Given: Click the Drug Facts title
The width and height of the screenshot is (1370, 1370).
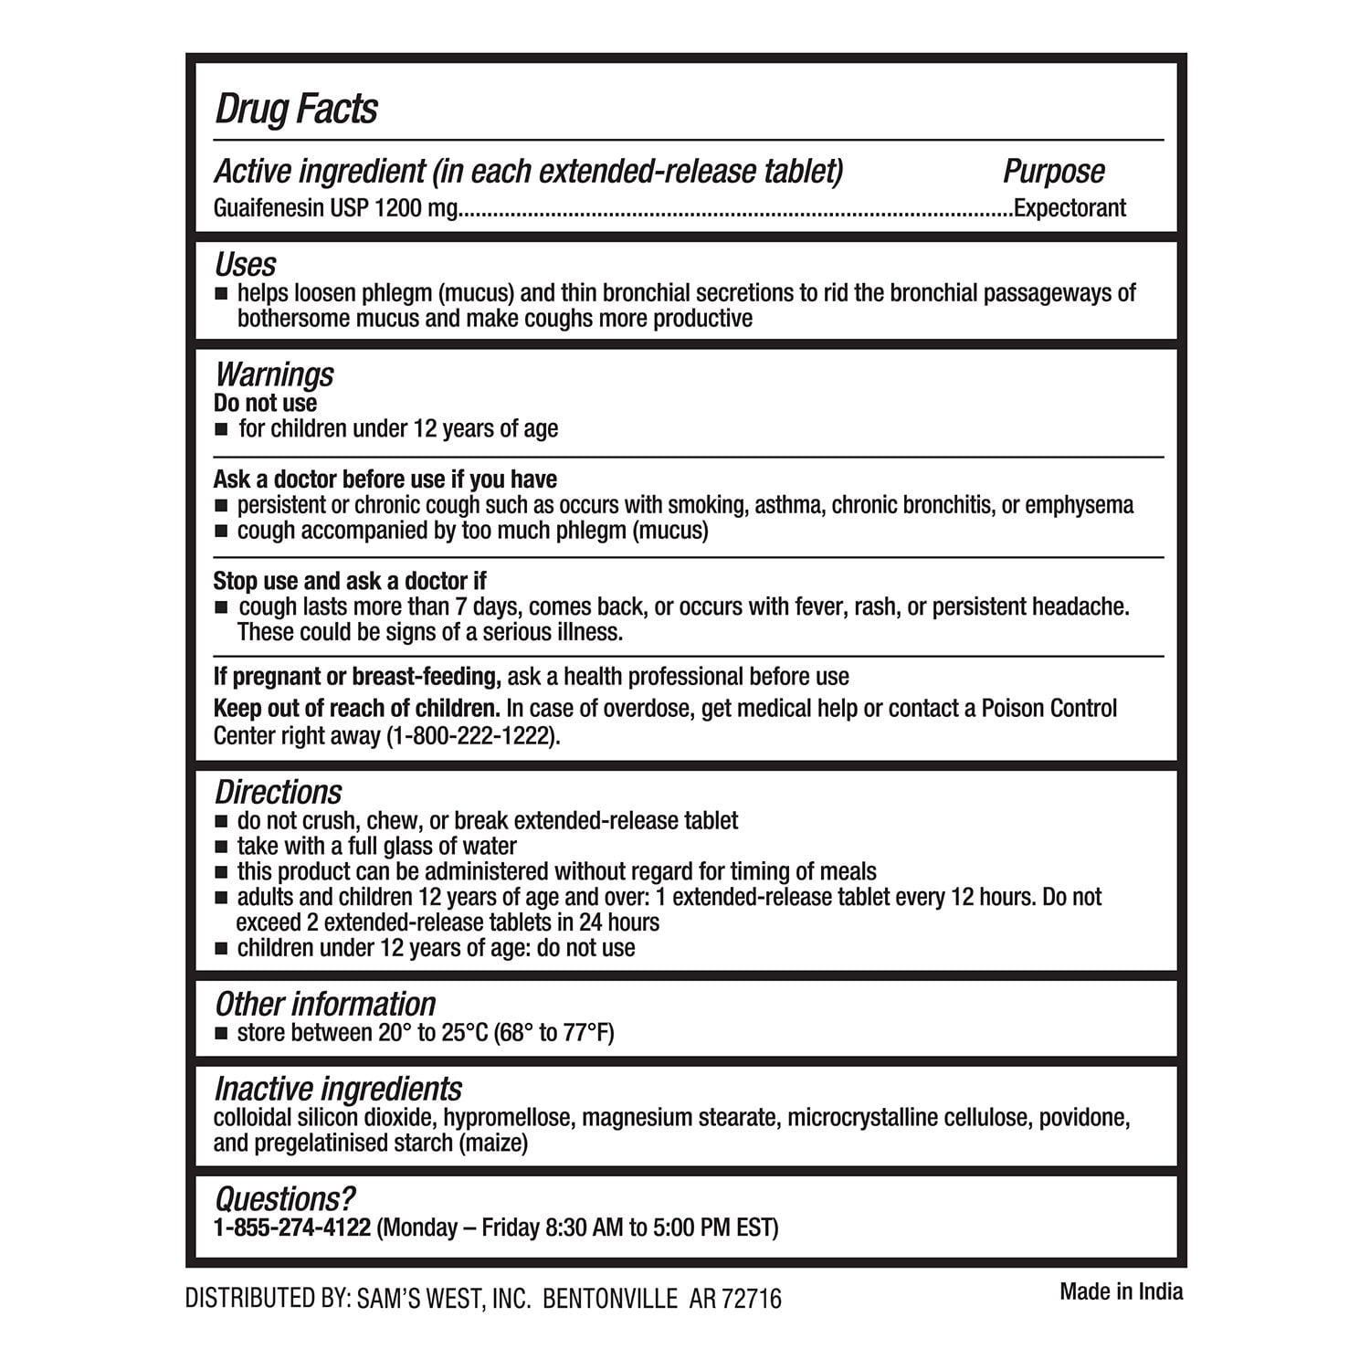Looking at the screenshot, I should click(296, 109).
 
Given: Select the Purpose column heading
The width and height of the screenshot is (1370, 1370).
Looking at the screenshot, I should click(1053, 171).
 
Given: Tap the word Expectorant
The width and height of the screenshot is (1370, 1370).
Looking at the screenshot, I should click(1070, 208).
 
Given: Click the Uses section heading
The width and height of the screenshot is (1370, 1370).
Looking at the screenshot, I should click(245, 265).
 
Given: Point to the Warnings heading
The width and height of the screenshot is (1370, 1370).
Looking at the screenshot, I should click(274, 374).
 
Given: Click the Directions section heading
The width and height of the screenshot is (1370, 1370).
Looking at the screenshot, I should click(278, 792).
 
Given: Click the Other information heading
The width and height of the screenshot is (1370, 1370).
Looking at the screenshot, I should click(325, 1004).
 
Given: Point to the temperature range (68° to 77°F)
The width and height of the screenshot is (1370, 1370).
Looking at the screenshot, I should click(553, 1033).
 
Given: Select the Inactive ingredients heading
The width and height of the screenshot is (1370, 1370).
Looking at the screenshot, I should click(338, 1089).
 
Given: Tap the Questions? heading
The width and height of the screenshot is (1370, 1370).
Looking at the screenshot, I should click(284, 1199).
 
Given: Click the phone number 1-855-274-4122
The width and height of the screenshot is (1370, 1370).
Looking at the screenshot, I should click(292, 1228).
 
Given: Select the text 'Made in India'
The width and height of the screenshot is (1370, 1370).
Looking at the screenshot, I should click(1121, 1291).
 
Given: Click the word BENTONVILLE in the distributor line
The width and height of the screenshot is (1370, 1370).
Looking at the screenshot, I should click(610, 1299).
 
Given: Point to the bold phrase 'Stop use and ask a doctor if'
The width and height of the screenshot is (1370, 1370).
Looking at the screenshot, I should click(350, 582).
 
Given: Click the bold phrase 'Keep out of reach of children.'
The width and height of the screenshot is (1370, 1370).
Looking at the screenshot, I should click(356, 709).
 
